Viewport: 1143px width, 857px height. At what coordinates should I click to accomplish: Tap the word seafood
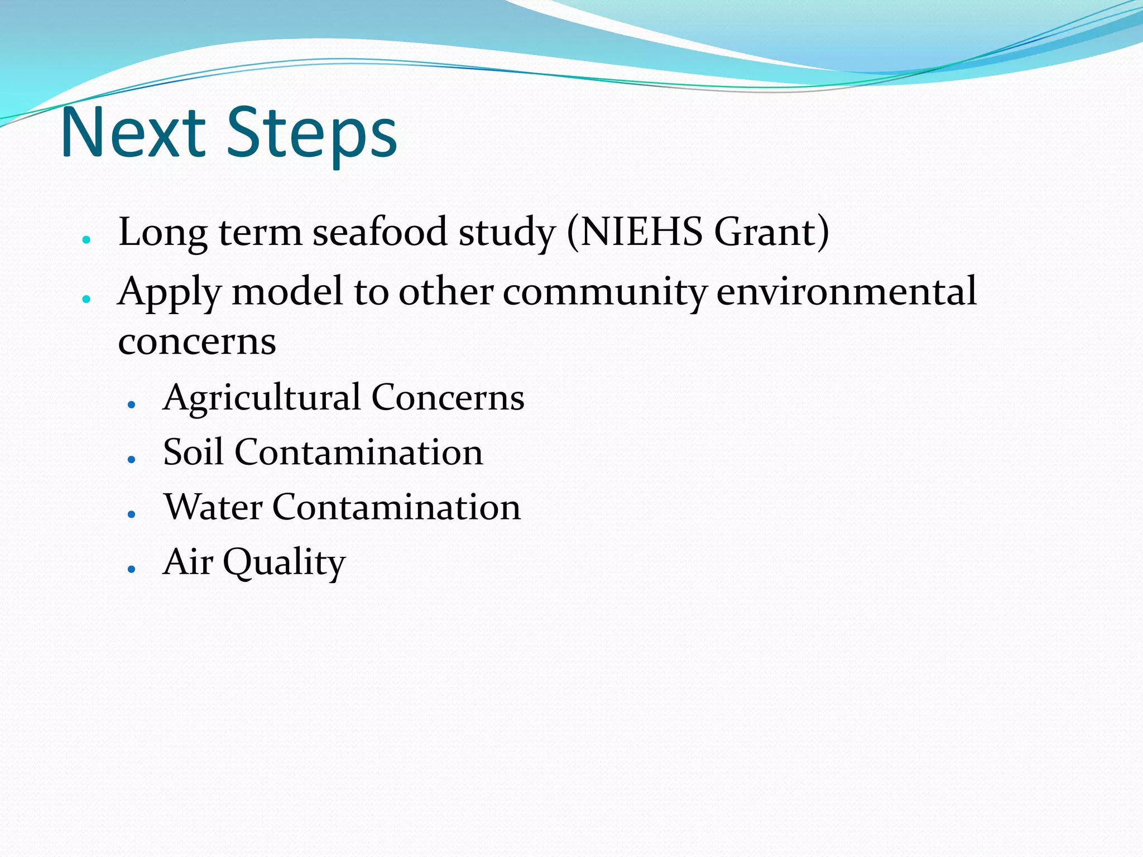pos(380,231)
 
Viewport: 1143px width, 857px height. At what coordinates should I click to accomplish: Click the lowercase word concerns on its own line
pos(197,341)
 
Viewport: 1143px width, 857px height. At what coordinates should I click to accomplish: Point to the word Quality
pos(284,562)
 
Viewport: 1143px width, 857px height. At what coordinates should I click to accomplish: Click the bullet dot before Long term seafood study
pos(86,240)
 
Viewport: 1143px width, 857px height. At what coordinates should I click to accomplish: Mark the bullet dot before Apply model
pos(86,300)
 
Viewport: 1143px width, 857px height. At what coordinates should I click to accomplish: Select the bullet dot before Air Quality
pos(131,569)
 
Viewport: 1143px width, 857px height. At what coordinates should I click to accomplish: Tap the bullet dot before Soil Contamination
pos(131,459)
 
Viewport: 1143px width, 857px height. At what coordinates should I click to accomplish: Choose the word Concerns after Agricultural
pos(448,397)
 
